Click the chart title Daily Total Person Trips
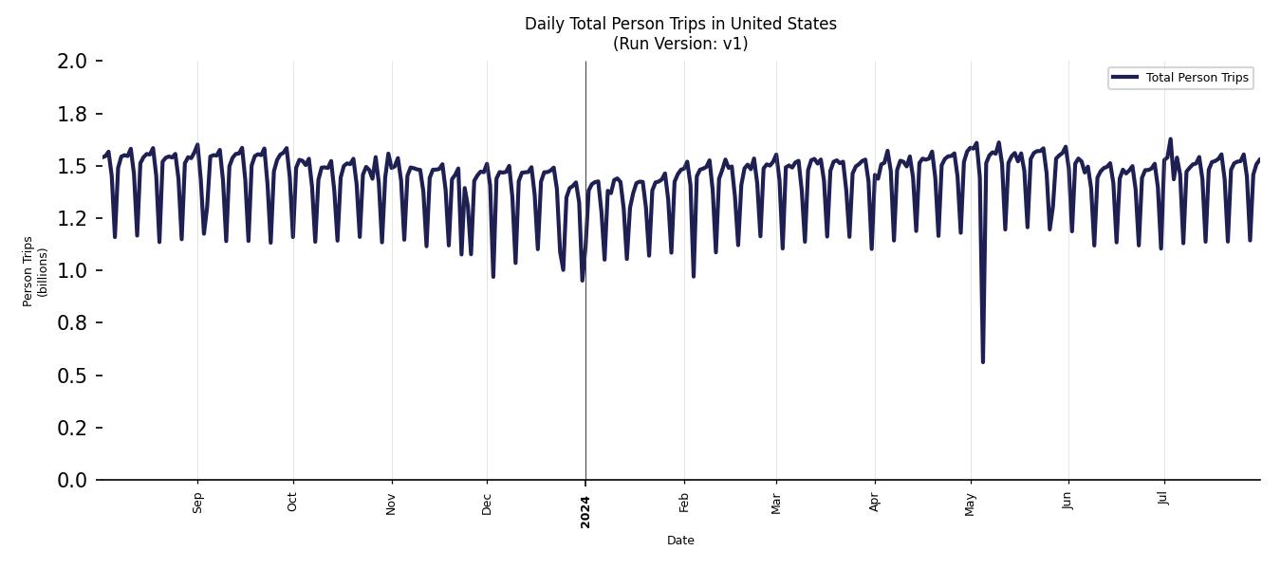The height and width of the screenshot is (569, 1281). coord(680,24)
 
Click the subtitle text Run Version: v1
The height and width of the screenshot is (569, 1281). coord(680,44)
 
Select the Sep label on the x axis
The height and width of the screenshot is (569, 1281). coord(197,503)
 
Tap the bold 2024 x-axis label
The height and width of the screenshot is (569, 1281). coord(585,512)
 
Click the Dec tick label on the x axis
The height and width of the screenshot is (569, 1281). coord(487,503)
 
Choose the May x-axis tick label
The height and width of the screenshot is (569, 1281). coord(970,504)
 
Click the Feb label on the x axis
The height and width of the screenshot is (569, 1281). coord(684,503)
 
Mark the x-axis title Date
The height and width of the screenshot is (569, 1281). coord(680,541)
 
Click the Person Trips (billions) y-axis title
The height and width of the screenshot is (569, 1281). coord(35,271)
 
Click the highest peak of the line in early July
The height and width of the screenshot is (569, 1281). coord(1170,139)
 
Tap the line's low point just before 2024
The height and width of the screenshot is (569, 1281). coord(582,280)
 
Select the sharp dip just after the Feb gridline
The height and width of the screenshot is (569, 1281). coord(694,276)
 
